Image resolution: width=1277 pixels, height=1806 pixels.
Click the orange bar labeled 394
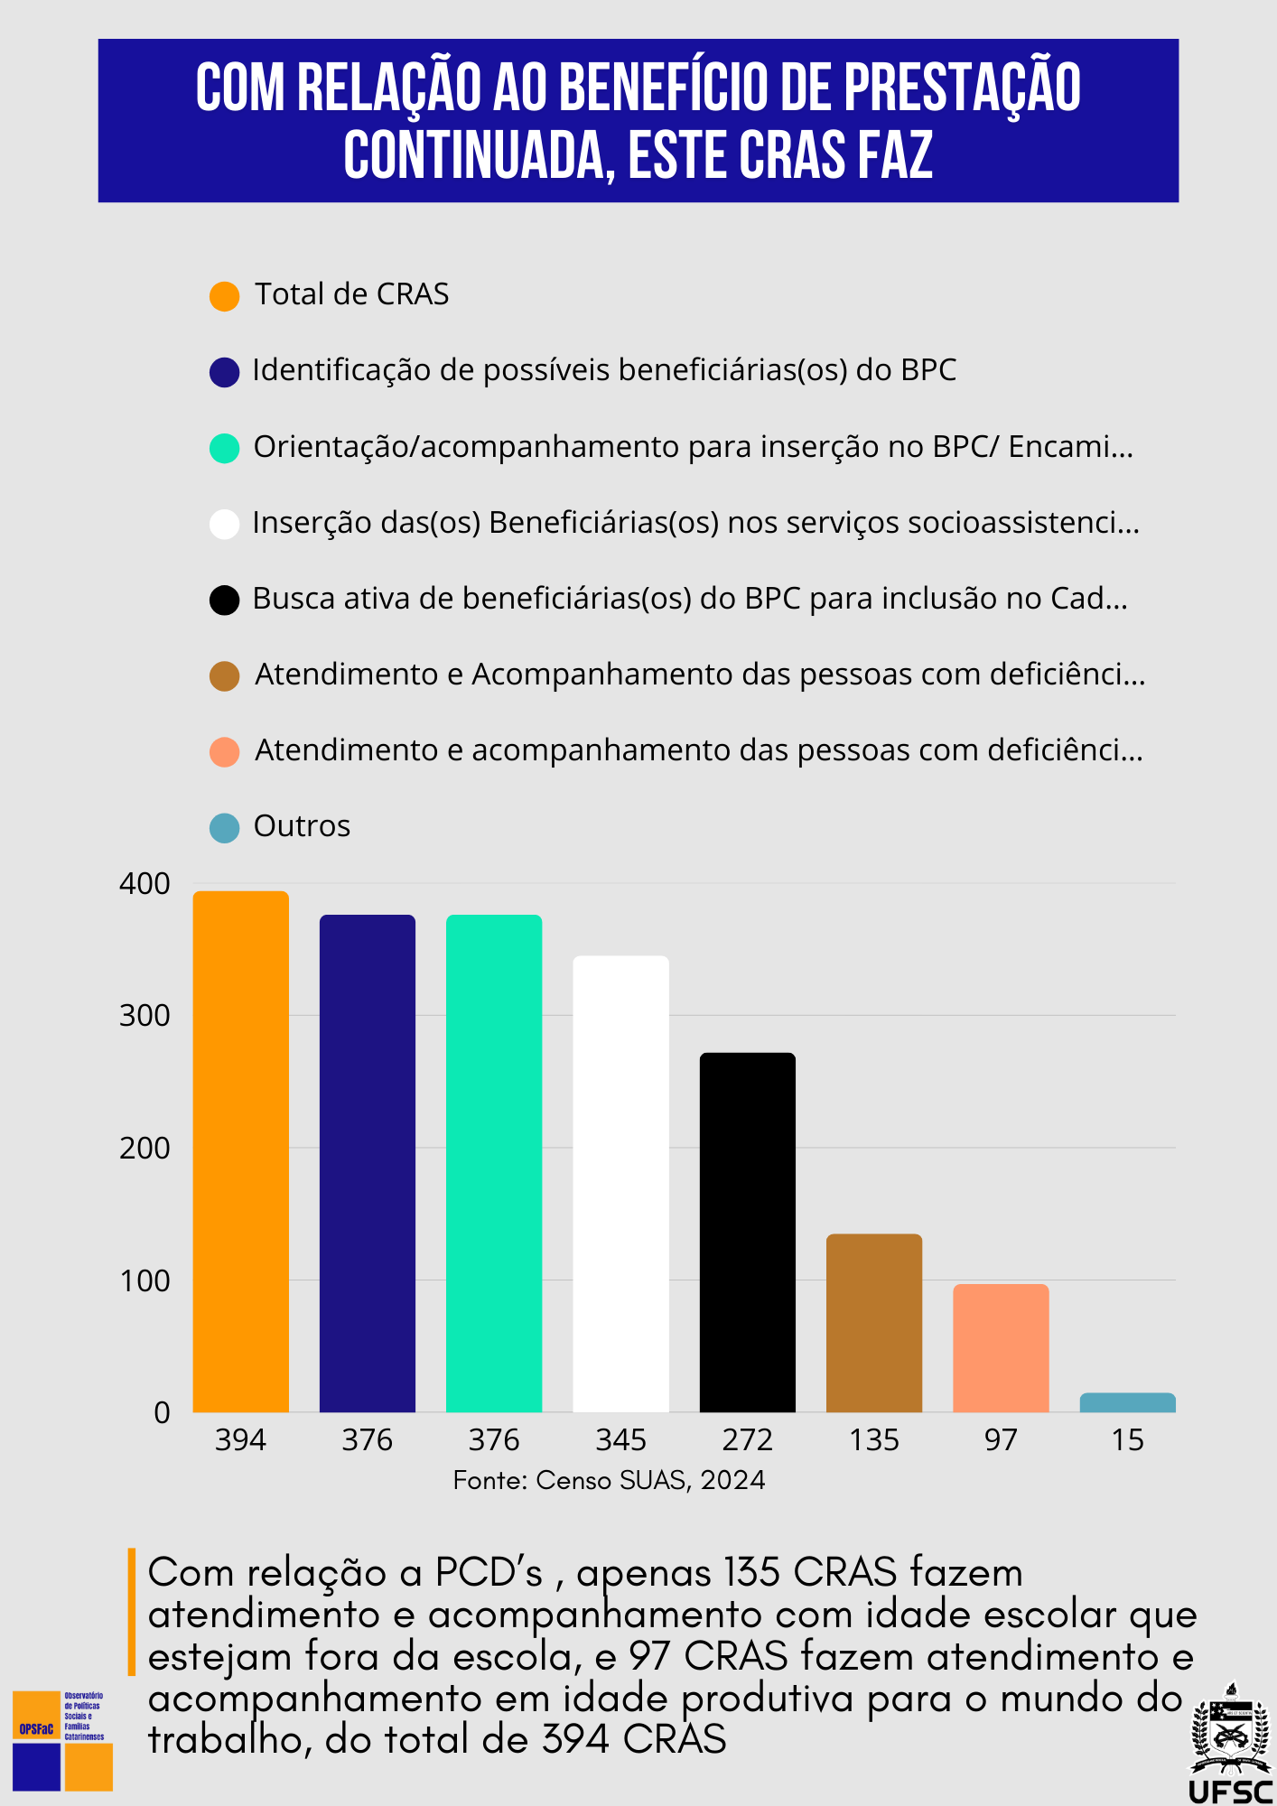pos(241,1151)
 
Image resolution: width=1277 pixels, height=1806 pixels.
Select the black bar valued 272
pos(748,1232)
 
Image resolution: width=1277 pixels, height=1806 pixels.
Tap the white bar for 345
pos(621,1183)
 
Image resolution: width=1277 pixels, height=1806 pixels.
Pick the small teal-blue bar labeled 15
pos(1127,1402)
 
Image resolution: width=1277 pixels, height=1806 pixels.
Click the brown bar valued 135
pos(874,1322)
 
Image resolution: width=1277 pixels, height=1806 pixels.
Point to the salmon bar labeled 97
pos(1001,1347)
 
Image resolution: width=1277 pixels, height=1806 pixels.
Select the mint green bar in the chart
pos(494,1163)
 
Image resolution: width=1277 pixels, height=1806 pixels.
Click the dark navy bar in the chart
pos(368,1163)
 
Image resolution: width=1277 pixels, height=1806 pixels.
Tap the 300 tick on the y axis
pos(144,1016)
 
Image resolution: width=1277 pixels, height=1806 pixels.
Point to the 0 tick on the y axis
pos(162,1412)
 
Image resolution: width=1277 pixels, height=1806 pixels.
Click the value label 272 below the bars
pos(748,1439)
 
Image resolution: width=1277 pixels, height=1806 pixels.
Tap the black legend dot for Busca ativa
pos(224,600)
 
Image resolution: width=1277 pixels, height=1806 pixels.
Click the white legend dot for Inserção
pos(224,524)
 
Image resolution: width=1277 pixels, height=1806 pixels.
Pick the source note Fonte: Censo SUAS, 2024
pos(609,1480)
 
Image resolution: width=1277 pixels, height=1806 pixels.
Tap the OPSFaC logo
pos(61,1740)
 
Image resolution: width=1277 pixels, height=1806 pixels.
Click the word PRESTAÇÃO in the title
pos(962,88)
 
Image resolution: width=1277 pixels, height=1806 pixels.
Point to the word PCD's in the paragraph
pos(489,1573)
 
